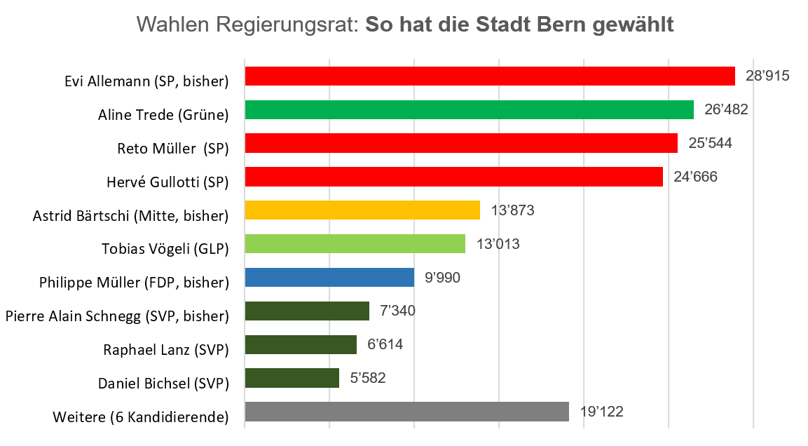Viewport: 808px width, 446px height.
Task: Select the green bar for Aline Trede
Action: pyautogui.click(x=469, y=109)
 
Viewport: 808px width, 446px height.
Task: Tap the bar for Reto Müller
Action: pyautogui.click(x=461, y=143)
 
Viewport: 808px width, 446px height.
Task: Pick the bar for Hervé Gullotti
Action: pyautogui.click(x=453, y=177)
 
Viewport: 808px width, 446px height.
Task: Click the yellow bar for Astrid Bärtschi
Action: pyautogui.click(x=362, y=210)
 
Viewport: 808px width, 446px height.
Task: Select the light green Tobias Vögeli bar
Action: pyautogui.click(x=355, y=244)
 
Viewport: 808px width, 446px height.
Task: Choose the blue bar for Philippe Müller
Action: pyautogui.click(x=329, y=278)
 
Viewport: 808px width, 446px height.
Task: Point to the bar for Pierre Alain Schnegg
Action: pyautogui.click(x=307, y=311)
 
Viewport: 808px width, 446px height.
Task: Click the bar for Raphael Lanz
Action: pyautogui.click(x=301, y=345)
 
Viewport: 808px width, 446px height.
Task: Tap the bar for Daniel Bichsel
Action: pyautogui.click(x=292, y=379)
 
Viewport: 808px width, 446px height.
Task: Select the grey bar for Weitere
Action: pyautogui.click(x=406, y=412)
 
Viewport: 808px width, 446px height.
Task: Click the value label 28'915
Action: pyautogui.click(x=767, y=76)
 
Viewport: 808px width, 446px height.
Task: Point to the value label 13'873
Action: pyautogui.click(x=513, y=210)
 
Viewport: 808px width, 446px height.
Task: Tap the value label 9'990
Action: pyautogui.click(x=443, y=278)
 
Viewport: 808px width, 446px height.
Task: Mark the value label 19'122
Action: pyautogui.click(x=601, y=412)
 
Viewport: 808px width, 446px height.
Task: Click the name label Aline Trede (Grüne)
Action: pyautogui.click(x=163, y=114)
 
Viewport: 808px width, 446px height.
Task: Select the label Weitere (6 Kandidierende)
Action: pyautogui.click(x=141, y=417)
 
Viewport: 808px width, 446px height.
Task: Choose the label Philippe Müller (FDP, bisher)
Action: pyautogui.click(x=134, y=283)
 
